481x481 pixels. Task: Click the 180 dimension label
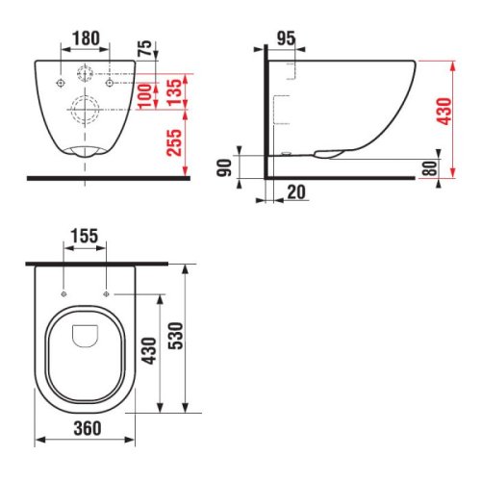[x=86, y=38]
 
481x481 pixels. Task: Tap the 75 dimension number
[x=144, y=48]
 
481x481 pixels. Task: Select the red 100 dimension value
[x=144, y=95]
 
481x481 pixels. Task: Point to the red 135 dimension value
[x=174, y=92]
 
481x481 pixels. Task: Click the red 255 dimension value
[x=174, y=142]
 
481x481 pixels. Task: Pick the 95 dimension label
[x=286, y=38]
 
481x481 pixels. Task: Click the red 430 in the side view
[x=444, y=112]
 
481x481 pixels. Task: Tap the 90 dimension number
[x=224, y=167]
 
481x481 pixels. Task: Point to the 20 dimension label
[x=296, y=192]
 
